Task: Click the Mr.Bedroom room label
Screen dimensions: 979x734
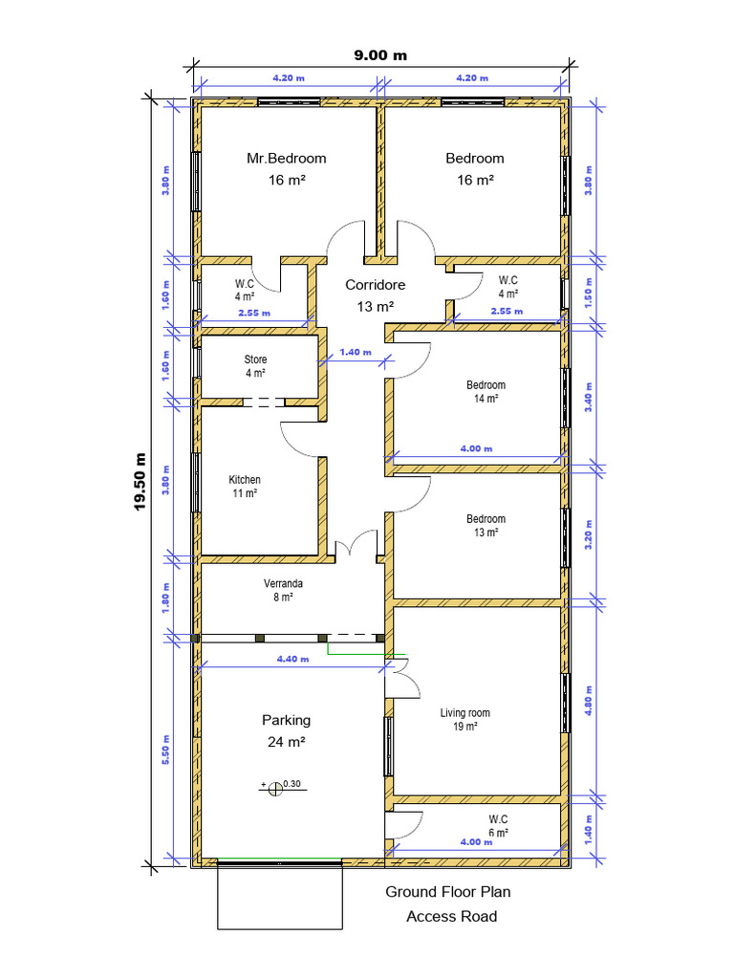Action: [287, 159]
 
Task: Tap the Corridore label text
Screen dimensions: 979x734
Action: [376, 285]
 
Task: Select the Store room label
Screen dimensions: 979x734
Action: [255, 359]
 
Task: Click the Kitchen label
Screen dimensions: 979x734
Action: [245, 480]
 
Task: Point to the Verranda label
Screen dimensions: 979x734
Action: [284, 582]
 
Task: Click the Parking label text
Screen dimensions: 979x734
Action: [287, 720]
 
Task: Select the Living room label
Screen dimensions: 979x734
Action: [464, 712]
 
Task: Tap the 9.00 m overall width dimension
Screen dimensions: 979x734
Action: [380, 54]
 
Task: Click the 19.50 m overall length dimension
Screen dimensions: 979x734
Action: [140, 482]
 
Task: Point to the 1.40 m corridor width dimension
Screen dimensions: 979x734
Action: [356, 353]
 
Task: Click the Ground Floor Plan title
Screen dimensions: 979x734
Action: [448, 892]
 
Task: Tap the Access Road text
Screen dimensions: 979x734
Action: [452, 916]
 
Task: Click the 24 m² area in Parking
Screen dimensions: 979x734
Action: [287, 742]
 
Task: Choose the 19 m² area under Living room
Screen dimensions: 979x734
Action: [465, 727]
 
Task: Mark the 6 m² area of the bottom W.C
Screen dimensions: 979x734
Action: [498, 833]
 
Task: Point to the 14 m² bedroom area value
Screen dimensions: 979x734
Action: [486, 399]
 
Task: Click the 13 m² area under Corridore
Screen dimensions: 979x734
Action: [377, 307]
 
